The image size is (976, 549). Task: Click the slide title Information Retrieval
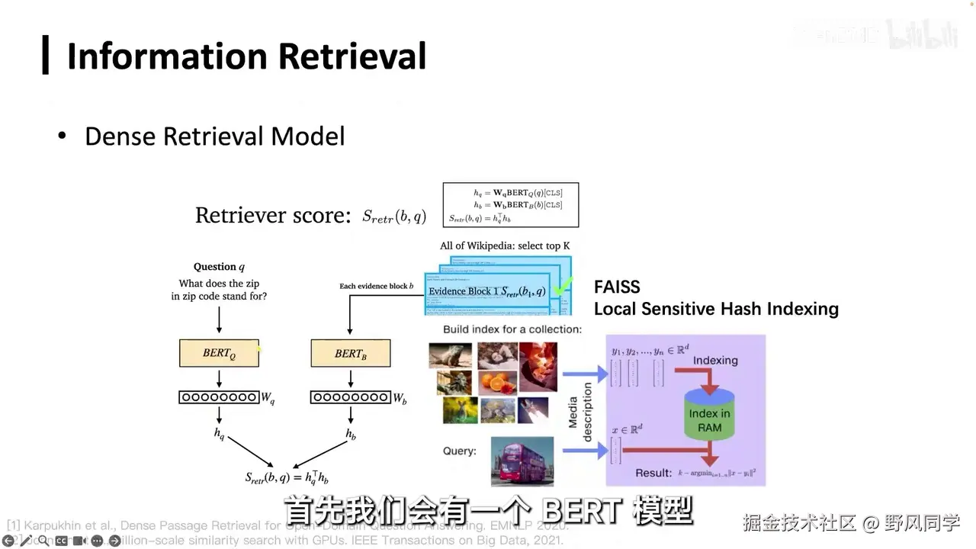pos(246,56)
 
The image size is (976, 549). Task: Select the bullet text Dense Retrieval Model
pos(214,136)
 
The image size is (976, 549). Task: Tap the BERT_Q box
pos(219,353)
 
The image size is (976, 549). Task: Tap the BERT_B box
pos(350,353)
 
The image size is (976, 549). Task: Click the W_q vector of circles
pos(219,397)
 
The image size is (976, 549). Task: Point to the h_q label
pos(219,435)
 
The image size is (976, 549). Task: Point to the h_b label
pos(350,435)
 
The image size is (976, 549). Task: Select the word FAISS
pos(617,287)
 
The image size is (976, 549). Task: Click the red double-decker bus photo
pos(522,461)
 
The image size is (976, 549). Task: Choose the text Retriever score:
pos(272,215)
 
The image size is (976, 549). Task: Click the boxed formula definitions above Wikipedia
pos(510,204)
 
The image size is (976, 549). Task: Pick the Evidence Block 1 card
pos(486,292)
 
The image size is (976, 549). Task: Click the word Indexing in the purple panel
pos(715,359)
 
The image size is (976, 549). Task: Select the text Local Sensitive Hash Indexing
pos(716,309)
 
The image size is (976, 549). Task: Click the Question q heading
pos(219,267)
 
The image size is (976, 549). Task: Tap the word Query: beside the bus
pos(459,451)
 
